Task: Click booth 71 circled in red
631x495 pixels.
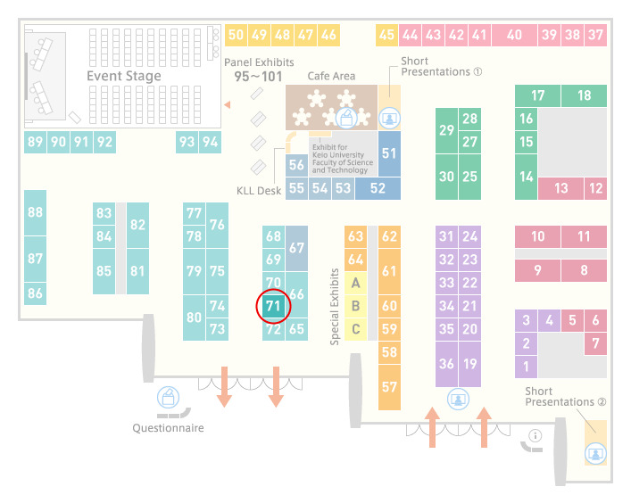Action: pyautogui.click(x=273, y=307)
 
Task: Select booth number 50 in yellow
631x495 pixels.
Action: pyautogui.click(x=236, y=35)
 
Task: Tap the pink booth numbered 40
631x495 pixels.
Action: pyautogui.click(x=514, y=35)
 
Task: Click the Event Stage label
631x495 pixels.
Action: pyautogui.click(x=124, y=76)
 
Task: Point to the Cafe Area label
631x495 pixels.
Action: pyautogui.click(x=331, y=76)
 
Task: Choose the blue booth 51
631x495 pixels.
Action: pyautogui.click(x=389, y=153)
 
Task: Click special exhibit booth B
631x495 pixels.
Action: pyautogui.click(x=356, y=307)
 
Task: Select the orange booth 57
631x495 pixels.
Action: pyautogui.click(x=389, y=387)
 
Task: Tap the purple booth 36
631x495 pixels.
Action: pyautogui.click(x=446, y=364)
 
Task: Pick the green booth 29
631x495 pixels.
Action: pyautogui.click(x=446, y=130)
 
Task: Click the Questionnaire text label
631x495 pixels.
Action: pyautogui.click(x=168, y=428)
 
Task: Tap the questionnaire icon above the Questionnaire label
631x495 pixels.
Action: pyautogui.click(x=168, y=397)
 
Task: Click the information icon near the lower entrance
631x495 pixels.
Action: pyautogui.click(x=536, y=435)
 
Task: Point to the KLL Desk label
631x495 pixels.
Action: pyautogui.click(x=259, y=191)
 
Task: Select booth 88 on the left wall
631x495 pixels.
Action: pyautogui.click(x=36, y=213)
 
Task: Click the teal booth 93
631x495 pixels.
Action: pyautogui.click(x=187, y=142)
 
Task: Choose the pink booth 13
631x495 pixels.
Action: pyautogui.click(x=561, y=188)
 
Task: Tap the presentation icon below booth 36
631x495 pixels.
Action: pyautogui.click(x=458, y=399)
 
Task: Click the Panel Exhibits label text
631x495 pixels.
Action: pyautogui.click(x=259, y=62)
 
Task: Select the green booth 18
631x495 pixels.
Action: pyautogui.click(x=584, y=95)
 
